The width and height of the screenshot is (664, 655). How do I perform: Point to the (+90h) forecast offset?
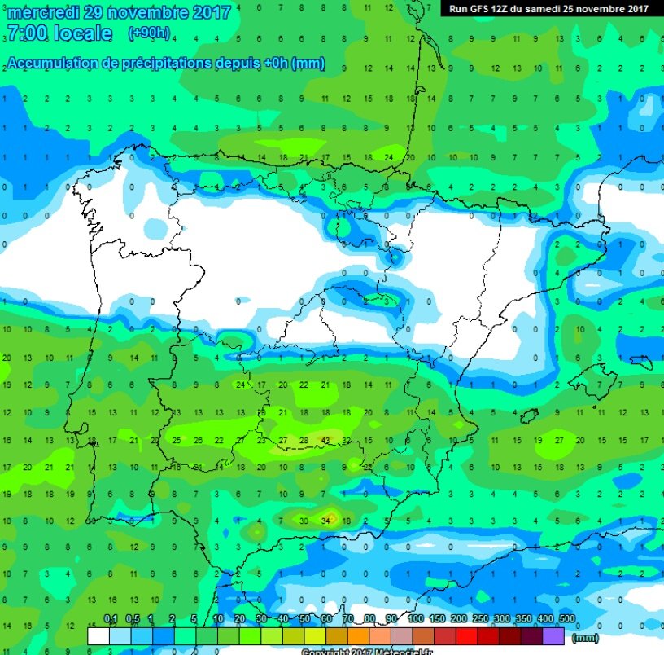[150, 33]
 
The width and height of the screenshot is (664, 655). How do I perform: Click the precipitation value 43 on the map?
[325, 441]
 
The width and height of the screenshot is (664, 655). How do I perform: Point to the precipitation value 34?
[327, 519]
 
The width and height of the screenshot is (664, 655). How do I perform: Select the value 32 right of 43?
[346, 441]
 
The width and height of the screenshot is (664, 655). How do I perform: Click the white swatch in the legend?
[98, 635]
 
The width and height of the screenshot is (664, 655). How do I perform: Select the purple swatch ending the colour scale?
[553, 635]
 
